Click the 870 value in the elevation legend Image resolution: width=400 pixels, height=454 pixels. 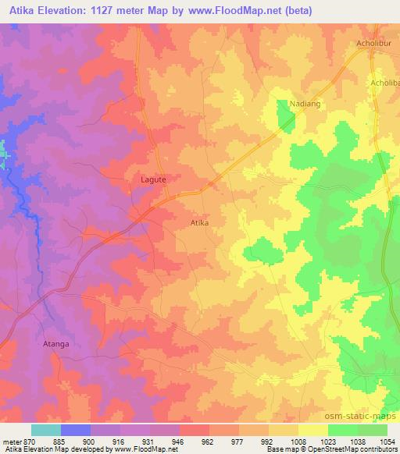[x=29, y=442]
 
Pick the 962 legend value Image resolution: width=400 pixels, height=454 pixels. [x=209, y=442]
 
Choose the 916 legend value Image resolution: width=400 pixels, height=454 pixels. [x=119, y=442]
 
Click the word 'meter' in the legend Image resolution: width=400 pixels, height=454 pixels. [x=12, y=442]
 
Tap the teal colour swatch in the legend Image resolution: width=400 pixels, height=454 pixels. [x=46, y=430]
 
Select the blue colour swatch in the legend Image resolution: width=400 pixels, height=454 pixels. [x=76, y=430]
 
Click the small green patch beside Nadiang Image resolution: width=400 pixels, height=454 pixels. [x=285, y=115]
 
